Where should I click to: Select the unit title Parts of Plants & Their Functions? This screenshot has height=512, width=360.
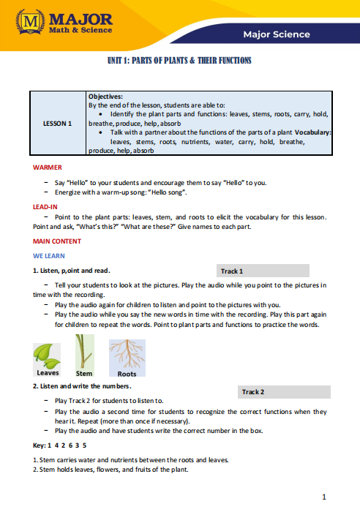point(179,61)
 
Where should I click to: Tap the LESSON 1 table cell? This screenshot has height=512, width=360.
point(57,124)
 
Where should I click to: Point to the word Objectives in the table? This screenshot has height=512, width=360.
point(106,96)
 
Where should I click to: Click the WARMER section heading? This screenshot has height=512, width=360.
point(48,167)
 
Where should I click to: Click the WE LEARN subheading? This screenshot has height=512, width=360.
point(49,256)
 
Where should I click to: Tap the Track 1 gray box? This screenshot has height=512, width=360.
point(264,271)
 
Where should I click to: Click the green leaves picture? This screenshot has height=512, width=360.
point(48,353)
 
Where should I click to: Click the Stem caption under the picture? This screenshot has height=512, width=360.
point(84,374)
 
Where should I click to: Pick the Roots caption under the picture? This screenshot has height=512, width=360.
point(127,374)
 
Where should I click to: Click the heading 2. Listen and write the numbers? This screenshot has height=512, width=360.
point(83,385)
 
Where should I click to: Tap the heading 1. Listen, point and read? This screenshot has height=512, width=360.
point(72,271)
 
